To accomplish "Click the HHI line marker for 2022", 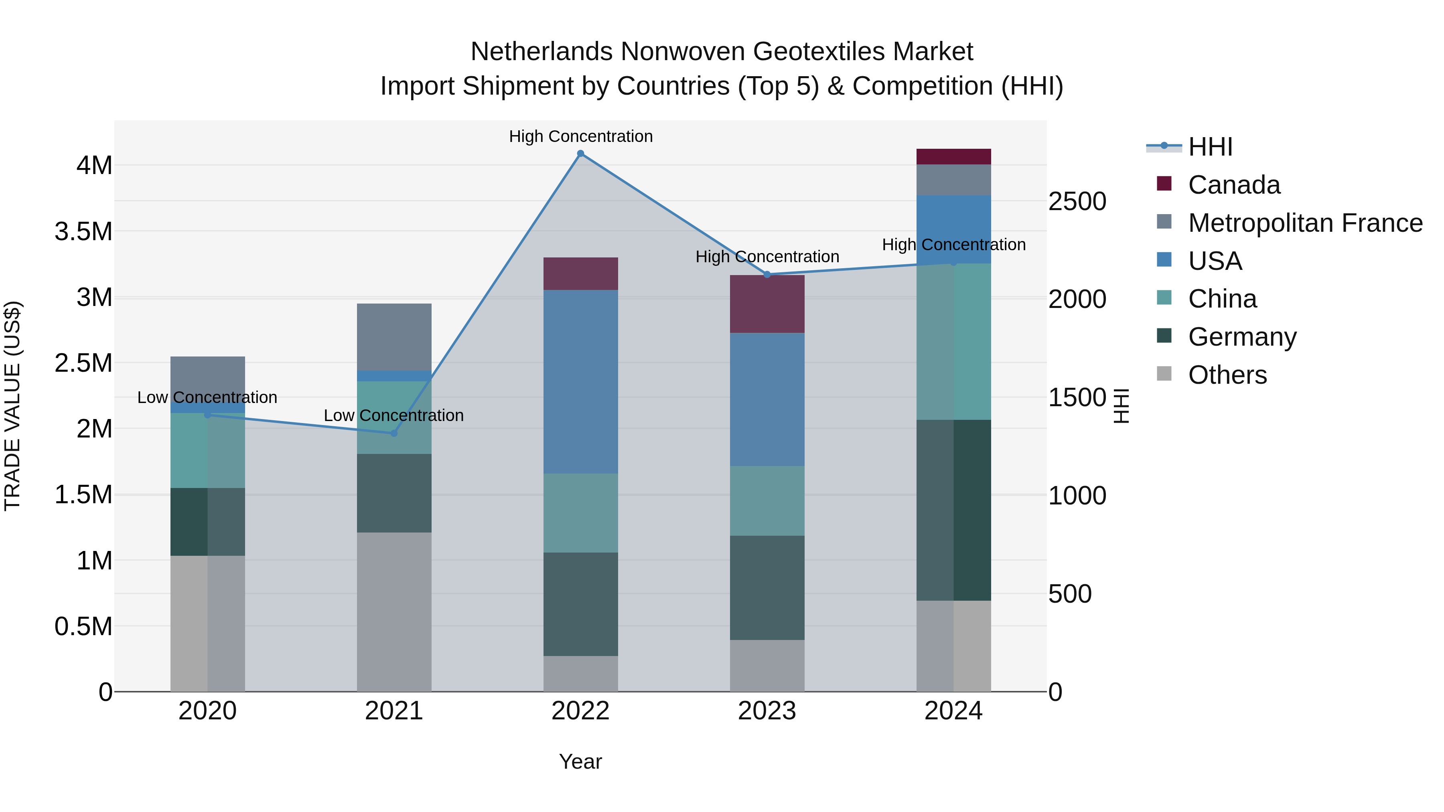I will click(x=581, y=154).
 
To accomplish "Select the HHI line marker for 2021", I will click(x=393, y=433).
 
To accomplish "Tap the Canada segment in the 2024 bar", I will click(x=953, y=157).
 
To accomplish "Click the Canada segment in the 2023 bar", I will click(x=767, y=304).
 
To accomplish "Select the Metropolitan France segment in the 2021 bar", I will click(x=394, y=337).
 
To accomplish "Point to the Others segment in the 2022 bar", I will click(x=581, y=674).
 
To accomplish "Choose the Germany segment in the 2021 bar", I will click(x=394, y=493).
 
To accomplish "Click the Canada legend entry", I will click(x=1233, y=185).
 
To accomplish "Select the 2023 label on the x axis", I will click(x=767, y=711).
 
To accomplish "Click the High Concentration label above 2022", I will click(x=581, y=136).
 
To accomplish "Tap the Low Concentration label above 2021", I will click(x=393, y=415).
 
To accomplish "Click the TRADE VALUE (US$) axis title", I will click(x=12, y=406).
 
